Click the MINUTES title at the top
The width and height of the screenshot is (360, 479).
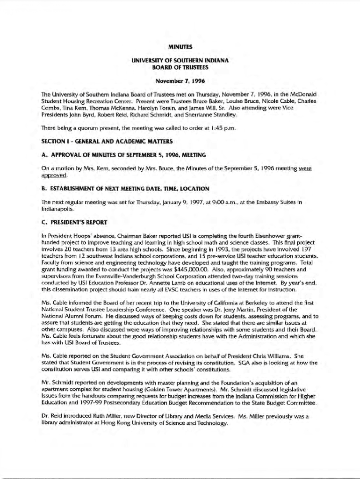pyautogui.click(x=180, y=46)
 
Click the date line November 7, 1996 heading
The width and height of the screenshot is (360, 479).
pyautogui.click(x=180, y=81)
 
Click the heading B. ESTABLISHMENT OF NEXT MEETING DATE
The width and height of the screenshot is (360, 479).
pyautogui.click(x=125, y=189)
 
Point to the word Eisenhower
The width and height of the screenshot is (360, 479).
pyautogui.click(x=262, y=236)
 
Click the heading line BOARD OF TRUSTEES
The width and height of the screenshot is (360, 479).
pyautogui.click(x=180, y=67)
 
